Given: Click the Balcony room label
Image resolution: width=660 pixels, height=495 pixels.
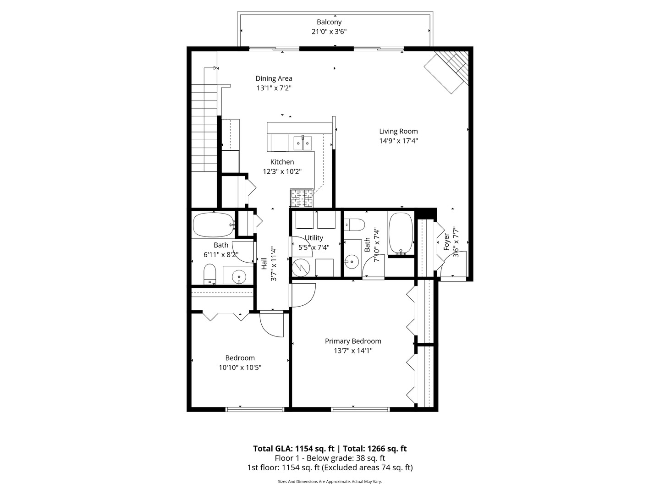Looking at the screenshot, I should (329, 22).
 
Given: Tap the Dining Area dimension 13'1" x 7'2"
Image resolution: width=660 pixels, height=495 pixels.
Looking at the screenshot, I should (274, 88).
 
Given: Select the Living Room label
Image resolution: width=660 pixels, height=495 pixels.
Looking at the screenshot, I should (398, 131).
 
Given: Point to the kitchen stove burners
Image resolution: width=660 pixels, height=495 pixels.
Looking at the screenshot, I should (302, 198).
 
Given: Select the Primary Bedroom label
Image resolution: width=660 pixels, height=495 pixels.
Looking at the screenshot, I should (353, 341).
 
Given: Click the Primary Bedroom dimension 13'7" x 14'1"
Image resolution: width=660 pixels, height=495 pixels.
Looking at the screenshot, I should (353, 351).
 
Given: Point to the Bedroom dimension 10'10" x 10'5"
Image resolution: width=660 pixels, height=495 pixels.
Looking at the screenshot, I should (240, 368).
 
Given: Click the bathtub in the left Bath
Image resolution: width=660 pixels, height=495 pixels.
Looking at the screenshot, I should (213, 225).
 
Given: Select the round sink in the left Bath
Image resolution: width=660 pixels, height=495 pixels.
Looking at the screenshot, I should (239, 276).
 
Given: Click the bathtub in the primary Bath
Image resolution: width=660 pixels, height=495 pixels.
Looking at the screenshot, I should (401, 233).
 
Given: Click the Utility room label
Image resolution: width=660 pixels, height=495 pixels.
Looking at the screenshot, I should (314, 238).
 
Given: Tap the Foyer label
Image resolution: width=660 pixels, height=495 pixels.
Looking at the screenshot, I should (446, 242).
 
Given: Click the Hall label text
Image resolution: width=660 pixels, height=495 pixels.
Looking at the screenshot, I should (264, 263).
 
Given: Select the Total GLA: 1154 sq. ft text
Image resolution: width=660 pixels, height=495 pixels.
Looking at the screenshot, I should (294, 449).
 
